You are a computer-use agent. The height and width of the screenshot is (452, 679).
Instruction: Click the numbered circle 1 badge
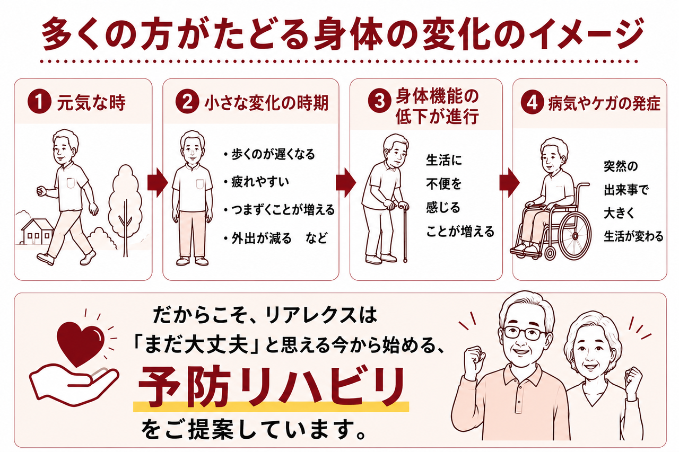tap(39, 103)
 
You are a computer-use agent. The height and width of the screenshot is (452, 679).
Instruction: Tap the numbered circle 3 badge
tap(379, 101)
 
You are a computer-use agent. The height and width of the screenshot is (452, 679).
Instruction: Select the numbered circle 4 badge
tap(532, 103)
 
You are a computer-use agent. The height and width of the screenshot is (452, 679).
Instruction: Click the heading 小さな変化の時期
tap(267, 103)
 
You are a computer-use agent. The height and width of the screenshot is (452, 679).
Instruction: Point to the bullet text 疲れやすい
tap(260, 182)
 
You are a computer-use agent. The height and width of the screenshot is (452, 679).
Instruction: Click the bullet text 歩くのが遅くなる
tap(273, 154)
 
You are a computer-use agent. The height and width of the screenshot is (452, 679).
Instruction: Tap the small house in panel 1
tap(37, 232)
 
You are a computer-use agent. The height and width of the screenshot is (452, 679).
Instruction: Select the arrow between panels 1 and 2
tap(158, 183)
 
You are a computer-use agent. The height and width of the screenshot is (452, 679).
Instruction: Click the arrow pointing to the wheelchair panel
tap(510, 183)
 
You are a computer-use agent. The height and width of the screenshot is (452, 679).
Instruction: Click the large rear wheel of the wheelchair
tap(574, 236)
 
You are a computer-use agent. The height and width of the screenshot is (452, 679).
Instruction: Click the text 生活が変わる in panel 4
tap(634, 236)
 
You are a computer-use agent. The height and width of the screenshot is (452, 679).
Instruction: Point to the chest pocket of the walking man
tap(71, 183)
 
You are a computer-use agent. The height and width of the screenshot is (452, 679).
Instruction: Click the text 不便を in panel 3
tap(444, 183)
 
